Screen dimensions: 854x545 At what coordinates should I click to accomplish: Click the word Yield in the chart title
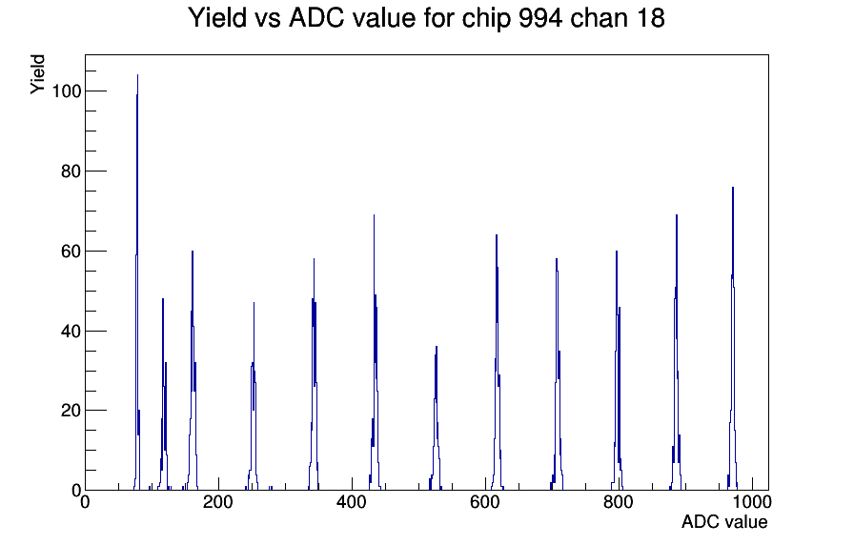[x=217, y=17]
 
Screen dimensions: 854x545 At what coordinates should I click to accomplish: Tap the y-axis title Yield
[x=37, y=74]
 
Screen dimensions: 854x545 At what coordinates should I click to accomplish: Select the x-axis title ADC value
[x=724, y=521]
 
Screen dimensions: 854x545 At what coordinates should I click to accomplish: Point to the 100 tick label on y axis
[x=67, y=91]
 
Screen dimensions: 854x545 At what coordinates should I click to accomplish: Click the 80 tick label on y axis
[x=71, y=171]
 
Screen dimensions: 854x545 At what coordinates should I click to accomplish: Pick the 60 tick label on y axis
[x=71, y=251]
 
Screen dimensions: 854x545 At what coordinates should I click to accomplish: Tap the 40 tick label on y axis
[x=71, y=331]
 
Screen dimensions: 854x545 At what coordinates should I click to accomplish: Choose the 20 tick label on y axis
[x=71, y=411]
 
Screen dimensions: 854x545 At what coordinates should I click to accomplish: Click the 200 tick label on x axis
[x=218, y=501]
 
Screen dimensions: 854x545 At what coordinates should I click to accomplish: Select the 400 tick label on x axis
[x=352, y=501]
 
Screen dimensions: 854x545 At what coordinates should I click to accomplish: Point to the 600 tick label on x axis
[x=485, y=501]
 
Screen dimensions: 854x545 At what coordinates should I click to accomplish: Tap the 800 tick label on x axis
[x=619, y=501]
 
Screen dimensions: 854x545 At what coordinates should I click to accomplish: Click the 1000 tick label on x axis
[x=751, y=501]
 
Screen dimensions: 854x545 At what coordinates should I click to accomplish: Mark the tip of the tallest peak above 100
[x=137, y=75]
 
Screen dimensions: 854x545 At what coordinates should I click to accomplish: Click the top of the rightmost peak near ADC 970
[x=733, y=188]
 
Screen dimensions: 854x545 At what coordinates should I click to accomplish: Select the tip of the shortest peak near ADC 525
[x=437, y=346]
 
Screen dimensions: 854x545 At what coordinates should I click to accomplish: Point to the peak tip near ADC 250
[x=254, y=303]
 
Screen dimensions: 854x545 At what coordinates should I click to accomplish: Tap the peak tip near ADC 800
[x=617, y=251]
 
